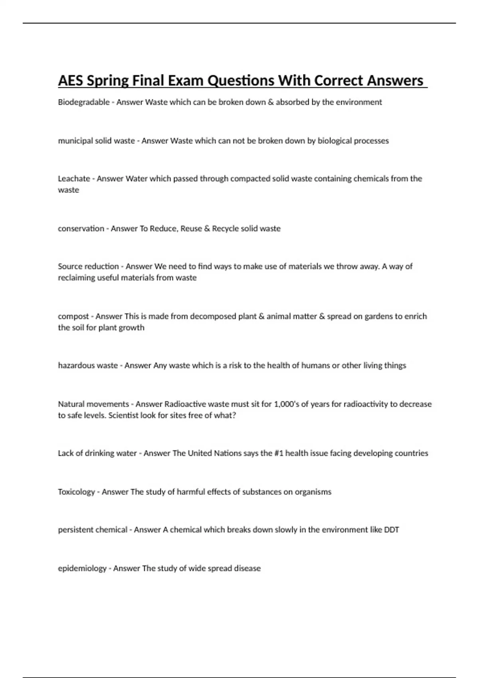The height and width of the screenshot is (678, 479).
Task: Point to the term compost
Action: pyautogui.click(x=73, y=316)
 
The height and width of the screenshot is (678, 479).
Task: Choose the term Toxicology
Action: pyautogui.click(x=76, y=492)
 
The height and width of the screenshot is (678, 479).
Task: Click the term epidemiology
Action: pyautogui.click(x=82, y=568)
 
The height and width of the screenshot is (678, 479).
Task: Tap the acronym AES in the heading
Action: pyautogui.click(x=71, y=81)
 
